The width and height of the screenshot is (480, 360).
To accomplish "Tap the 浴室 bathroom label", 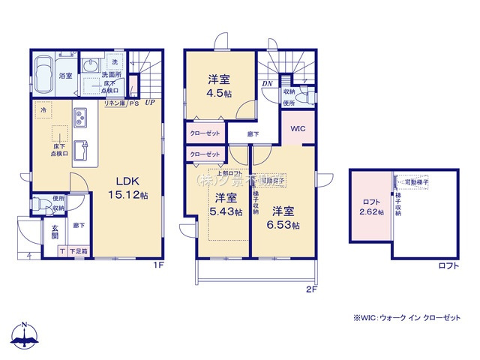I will (x=65, y=76).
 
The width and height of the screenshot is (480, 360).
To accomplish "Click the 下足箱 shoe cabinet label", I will (x=79, y=252).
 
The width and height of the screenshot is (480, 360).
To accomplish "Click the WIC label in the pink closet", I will (x=297, y=129).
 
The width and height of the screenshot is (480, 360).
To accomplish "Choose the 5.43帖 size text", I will (x=227, y=212).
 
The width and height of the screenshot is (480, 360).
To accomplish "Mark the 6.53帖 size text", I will (x=286, y=224).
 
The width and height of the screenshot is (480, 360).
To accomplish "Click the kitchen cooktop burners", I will (x=80, y=118).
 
